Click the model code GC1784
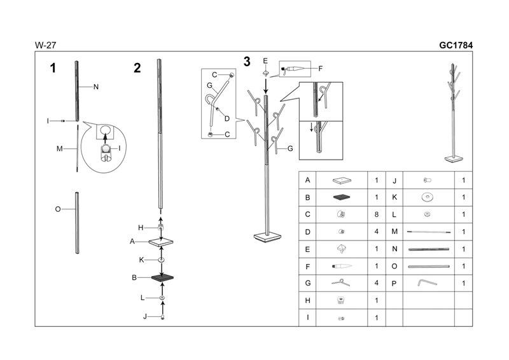click(456, 45)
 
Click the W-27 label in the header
click(44, 45)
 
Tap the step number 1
click(53, 68)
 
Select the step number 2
click(137, 68)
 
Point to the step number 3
click(247, 62)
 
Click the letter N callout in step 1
click(95, 87)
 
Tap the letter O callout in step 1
click(58, 208)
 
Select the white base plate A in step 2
click(161, 242)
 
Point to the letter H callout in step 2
click(141, 227)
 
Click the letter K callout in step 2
click(142, 260)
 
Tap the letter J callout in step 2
click(145, 316)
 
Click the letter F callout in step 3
click(320, 69)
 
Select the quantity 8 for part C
click(376, 214)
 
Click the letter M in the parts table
click(394, 232)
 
